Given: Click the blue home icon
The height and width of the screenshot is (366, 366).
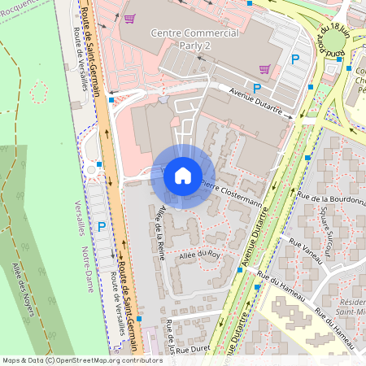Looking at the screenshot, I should [183, 176].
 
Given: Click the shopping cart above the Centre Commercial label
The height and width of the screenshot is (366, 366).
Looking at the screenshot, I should [130, 18].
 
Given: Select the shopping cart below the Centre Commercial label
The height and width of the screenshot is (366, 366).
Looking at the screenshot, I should [264, 70].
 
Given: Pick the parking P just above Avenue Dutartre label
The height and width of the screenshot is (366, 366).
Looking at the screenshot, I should [257, 88].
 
